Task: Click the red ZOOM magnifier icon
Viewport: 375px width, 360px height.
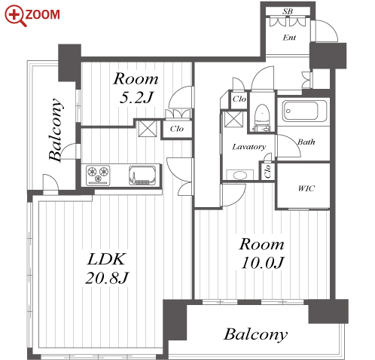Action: click(x=15, y=15)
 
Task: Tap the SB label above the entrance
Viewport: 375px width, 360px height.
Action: click(x=288, y=11)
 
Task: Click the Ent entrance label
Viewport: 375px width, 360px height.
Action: click(x=289, y=38)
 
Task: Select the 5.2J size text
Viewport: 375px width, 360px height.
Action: click(x=136, y=97)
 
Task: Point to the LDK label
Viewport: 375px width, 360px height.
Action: click(x=106, y=259)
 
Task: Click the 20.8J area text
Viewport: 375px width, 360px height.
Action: click(x=107, y=278)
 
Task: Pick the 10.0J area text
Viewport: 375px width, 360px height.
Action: click(x=262, y=263)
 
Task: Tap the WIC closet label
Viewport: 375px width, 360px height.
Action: click(x=306, y=188)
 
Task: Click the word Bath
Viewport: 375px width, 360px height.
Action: click(x=306, y=142)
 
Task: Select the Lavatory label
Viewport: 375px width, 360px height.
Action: click(x=249, y=147)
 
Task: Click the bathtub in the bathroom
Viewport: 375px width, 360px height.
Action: click(x=305, y=111)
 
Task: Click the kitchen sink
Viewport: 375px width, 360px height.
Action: click(x=142, y=175)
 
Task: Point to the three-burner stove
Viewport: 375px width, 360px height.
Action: click(x=98, y=175)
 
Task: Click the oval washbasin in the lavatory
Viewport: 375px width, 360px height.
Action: click(x=240, y=175)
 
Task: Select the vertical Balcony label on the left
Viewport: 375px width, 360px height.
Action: click(x=55, y=130)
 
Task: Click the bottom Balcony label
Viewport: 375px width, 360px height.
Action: click(x=255, y=334)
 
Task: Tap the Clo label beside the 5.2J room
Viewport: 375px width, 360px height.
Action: click(x=177, y=129)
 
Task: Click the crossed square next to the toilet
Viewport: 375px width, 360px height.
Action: click(x=233, y=119)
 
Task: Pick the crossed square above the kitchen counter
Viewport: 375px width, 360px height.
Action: click(x=148, y=129)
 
